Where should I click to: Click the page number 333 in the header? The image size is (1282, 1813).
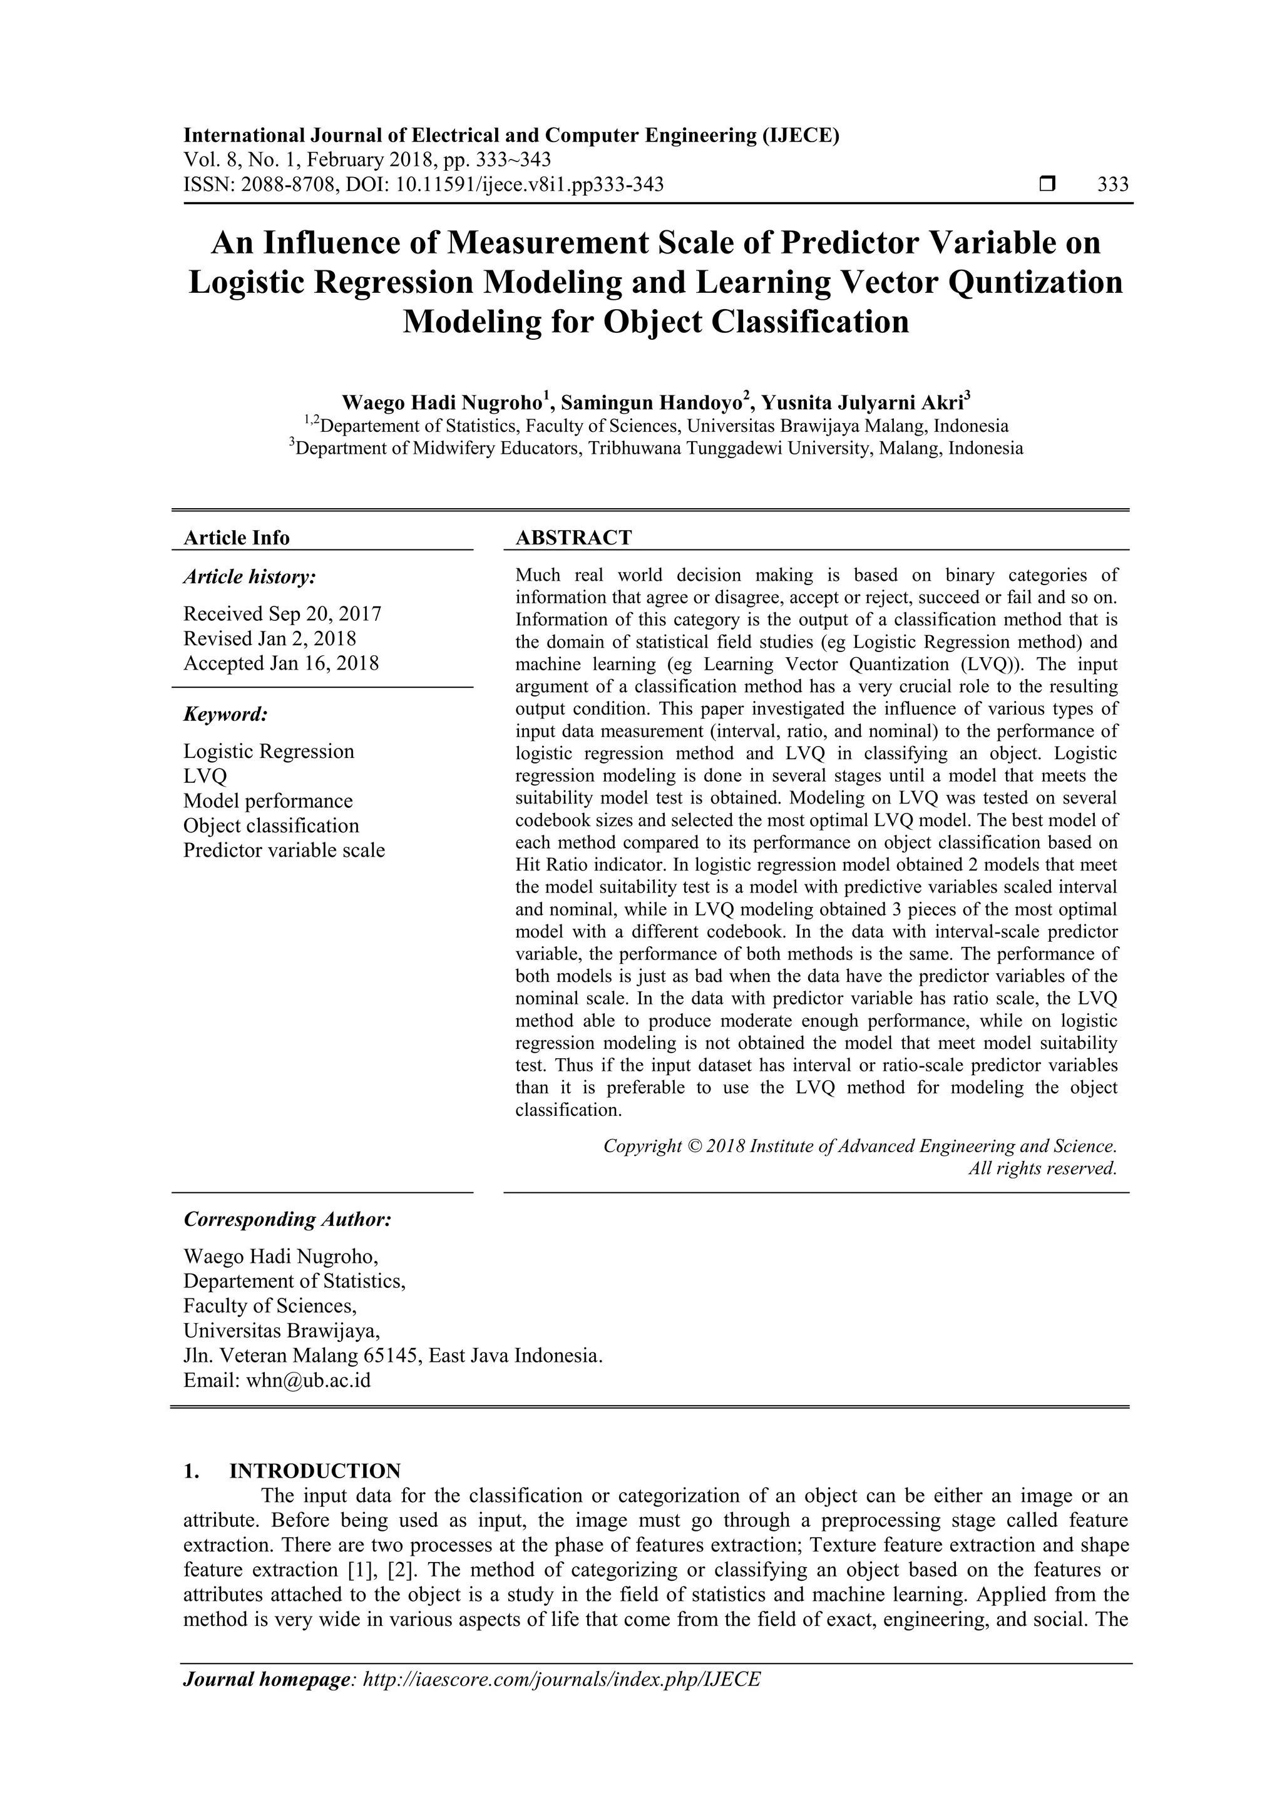(x=1112, y=185)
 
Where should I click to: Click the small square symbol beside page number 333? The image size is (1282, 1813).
(x=1047, y=185)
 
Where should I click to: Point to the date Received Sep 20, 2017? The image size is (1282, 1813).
(x=282, y=613)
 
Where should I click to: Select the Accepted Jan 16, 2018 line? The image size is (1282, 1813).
(x=280, y=663)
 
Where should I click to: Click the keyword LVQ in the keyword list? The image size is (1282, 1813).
(x=205, y=776)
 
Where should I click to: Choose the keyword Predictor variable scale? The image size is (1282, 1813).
(x=284, y=850)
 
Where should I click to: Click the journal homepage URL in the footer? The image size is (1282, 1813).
(x=560, y=1680)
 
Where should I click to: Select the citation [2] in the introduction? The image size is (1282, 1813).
(x=401, y=1570)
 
